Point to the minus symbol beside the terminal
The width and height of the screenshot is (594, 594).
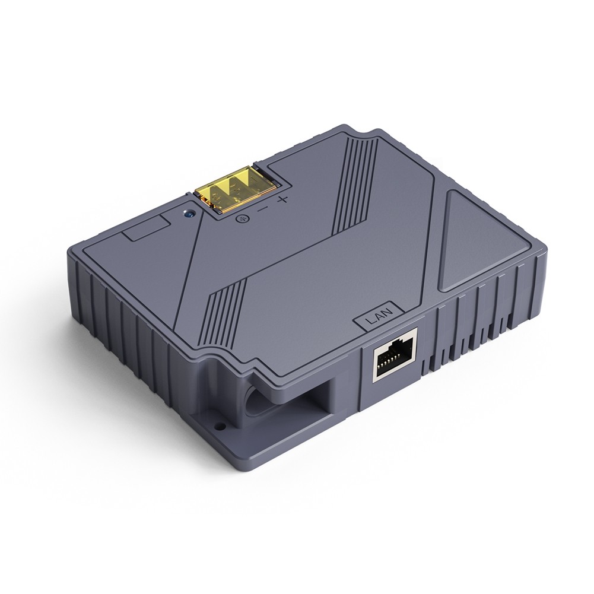click(x=262, y=208)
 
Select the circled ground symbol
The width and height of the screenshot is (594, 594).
click(x=241, y=220)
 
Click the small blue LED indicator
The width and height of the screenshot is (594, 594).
click(x=189, y=212)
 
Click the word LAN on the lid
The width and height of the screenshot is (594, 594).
click(x=377, y=318)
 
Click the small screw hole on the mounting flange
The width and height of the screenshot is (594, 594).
click(x=221, y=425)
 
